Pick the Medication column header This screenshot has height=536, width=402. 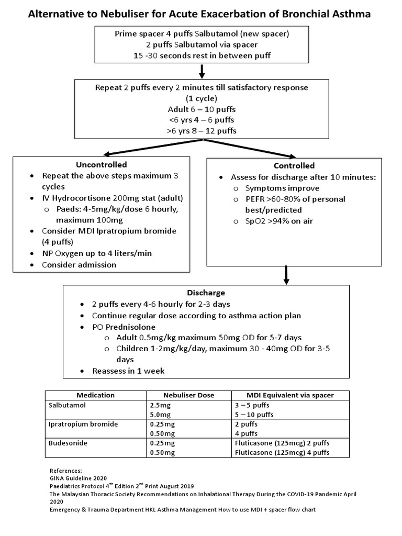(x=95, y=395)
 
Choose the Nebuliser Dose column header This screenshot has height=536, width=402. (x=188, y=395)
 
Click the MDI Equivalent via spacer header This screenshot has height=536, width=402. (x=289, y=395)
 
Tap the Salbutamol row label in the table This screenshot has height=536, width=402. (x=66, y=405)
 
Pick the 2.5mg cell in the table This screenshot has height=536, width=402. (x=159, y=405)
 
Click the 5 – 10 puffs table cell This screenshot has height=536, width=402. (x=254, y=414)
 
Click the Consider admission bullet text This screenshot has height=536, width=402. (x=79, y=265)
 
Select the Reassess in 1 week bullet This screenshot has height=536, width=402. (x=128, y=371)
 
